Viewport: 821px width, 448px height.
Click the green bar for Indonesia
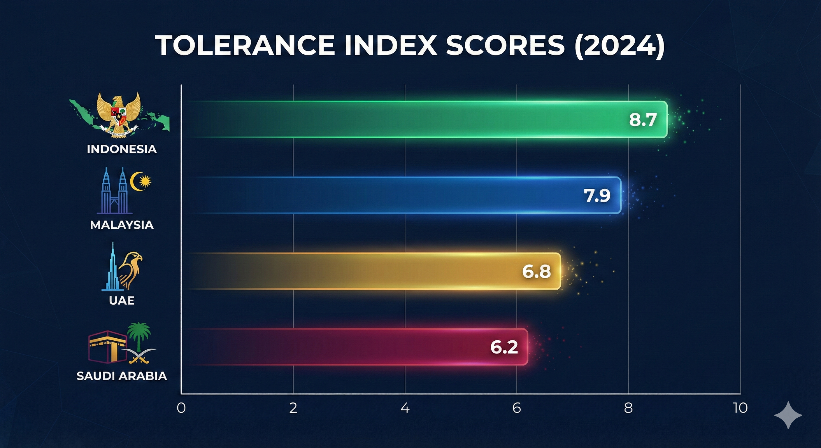[414, 119]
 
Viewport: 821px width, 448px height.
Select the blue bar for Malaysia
[398, 195]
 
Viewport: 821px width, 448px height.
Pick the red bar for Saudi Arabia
[350, 346]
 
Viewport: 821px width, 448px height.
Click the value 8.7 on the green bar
[643, 120]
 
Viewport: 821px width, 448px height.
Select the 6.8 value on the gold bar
[536, 271]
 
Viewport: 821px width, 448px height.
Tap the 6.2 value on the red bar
[504, 347]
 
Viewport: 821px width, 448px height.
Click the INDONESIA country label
[122, 149]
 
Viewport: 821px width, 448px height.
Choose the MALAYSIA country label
[122, 225]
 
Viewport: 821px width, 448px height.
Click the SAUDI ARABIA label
[122, 376]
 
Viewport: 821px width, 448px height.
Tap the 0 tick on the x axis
[181, 408]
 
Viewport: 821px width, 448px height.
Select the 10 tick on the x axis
[740, 408]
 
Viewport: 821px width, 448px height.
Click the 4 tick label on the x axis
[405, 408]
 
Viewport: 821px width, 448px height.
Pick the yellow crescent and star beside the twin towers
[141, 181]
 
